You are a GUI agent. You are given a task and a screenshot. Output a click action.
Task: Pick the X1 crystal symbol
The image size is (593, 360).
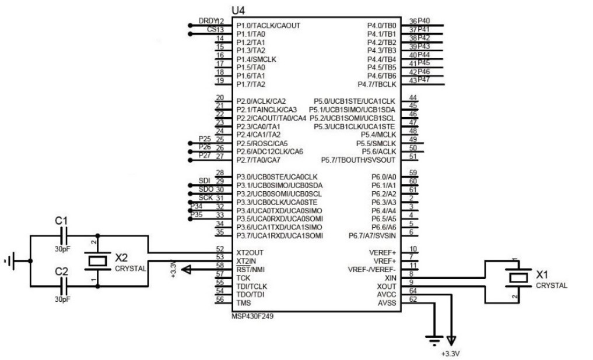point(516,278)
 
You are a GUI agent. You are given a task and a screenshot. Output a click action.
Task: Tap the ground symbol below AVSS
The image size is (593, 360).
point(434,338)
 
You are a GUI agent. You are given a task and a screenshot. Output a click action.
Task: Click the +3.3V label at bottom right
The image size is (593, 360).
point(452,353)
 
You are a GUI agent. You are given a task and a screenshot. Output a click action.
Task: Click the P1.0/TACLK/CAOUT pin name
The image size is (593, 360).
point(268,26)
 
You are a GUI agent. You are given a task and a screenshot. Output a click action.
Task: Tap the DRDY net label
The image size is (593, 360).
point(208,21)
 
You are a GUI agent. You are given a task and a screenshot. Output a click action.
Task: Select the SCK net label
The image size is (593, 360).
point(205,197)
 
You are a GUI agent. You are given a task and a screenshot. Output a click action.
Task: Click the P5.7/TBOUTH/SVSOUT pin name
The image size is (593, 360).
point(359,160)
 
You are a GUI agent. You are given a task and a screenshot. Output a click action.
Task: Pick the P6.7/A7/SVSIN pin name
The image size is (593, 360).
point(373,235)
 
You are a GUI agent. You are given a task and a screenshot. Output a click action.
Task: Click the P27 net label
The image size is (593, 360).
point(205,156)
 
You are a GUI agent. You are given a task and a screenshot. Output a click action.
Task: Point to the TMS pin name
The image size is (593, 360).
point(244,303)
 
